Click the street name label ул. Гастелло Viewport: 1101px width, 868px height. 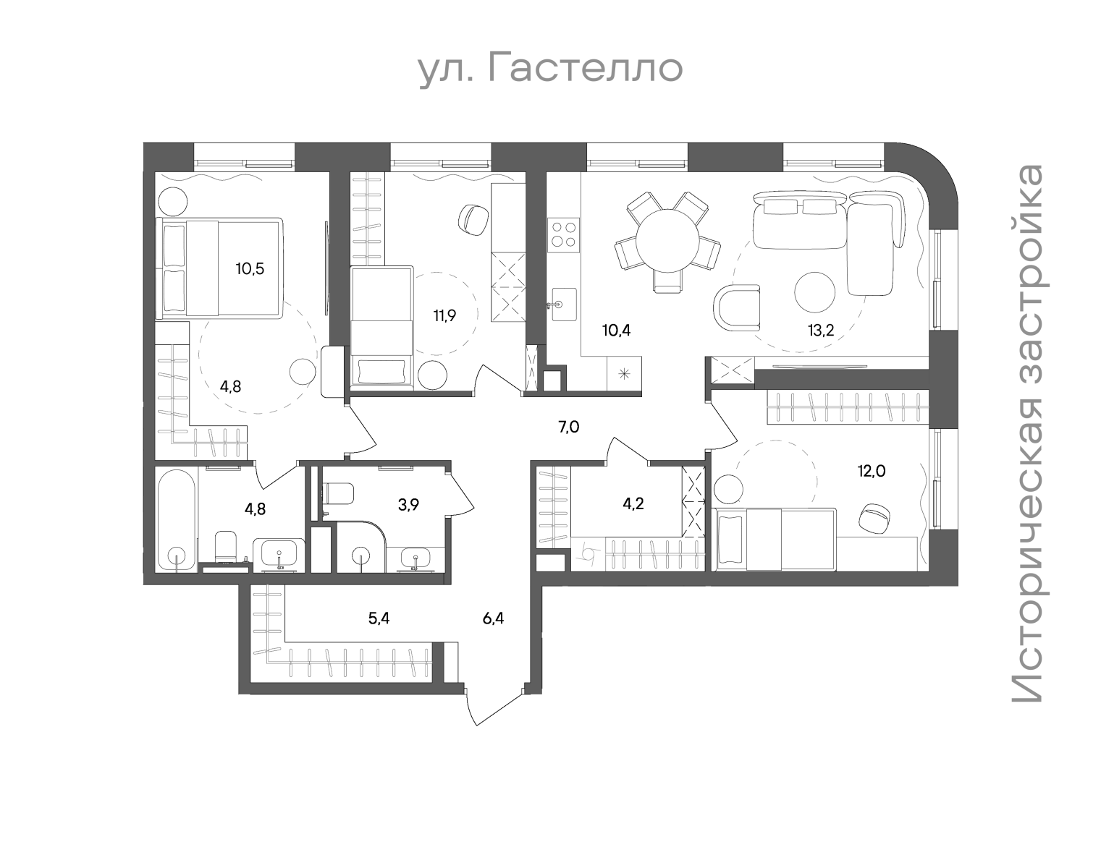tap(551, 69)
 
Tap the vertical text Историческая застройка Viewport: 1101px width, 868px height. tap(1028, 433)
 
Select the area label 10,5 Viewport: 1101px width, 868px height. tap(250, 268)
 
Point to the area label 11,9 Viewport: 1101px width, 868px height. tap(444, 315)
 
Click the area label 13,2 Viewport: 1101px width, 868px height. tap(821, 331)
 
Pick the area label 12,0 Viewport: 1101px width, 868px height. tap(872, 471)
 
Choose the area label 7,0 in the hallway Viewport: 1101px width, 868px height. tap(568, 427)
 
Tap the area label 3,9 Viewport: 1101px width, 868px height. tap(409, 505)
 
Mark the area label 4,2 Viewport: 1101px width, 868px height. tap(633, 504)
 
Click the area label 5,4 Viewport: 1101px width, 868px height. tap(379, 618)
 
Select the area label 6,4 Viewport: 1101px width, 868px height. tap(493, 618)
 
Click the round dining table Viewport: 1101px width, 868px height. tap(667, 241)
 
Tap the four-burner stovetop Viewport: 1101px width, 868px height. tap(563, 234)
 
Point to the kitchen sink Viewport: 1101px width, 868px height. tap(564, 305)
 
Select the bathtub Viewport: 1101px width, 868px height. tap(177, 520)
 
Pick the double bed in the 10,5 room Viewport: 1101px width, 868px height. tap(219, 268)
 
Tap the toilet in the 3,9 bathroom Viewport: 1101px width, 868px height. tap(337, 495)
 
